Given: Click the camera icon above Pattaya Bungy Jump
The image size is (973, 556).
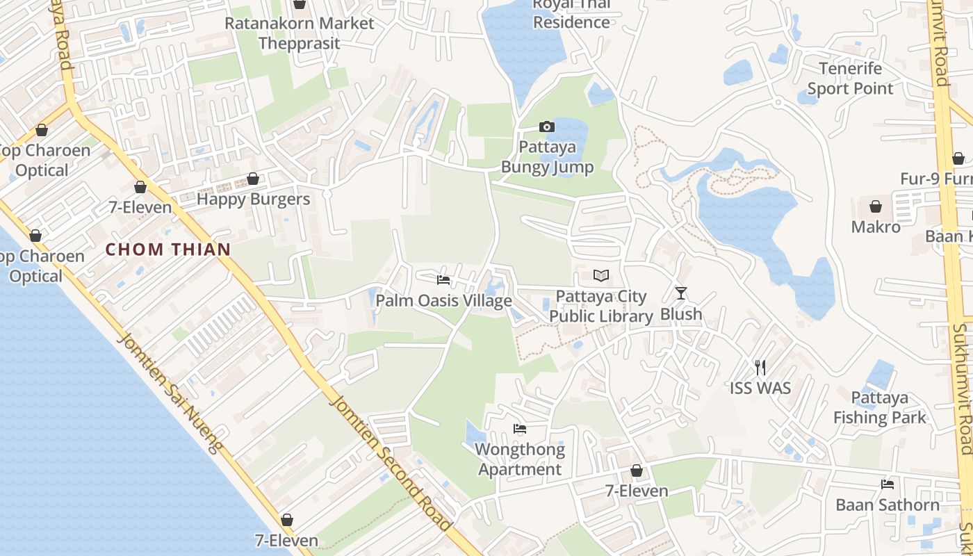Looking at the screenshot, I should [547, 126].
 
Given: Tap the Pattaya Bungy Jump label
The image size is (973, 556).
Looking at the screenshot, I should [548, 157].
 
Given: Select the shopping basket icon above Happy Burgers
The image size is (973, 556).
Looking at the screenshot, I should [253, 179].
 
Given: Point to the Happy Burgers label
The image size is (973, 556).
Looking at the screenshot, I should [253, 199].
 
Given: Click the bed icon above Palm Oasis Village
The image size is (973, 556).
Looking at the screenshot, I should [443, 280].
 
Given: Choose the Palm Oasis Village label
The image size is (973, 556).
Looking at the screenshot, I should [443, 301].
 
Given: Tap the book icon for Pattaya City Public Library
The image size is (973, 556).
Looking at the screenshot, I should [601, 276].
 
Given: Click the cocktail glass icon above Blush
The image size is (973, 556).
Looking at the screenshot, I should [681, 293].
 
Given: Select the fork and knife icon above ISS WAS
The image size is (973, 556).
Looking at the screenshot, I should [760, 367].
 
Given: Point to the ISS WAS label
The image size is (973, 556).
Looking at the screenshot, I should [760, 388].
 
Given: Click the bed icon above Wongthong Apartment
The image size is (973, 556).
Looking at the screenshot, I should [520, 429].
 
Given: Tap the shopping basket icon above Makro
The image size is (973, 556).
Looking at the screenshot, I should [876, 206].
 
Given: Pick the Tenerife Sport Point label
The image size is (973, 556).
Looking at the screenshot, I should [850, 79].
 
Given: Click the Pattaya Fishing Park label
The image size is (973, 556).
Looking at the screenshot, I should [880, 408].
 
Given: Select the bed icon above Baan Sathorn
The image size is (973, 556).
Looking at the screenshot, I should [888, 484].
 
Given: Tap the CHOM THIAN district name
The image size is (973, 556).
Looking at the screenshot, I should [168, 250].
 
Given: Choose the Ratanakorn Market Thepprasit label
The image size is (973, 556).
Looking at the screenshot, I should [300, 33].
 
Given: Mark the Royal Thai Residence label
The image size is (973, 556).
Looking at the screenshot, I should [571, 14].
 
